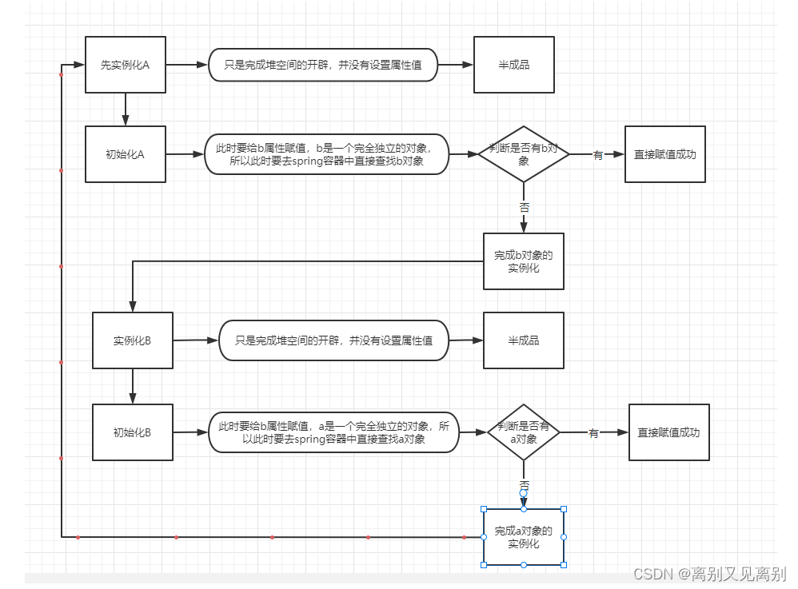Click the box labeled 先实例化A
click(126, 65)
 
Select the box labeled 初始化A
click(126, 154)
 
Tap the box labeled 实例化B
click(133, 340)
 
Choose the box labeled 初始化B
click(133, 432)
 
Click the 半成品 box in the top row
click(513, 65)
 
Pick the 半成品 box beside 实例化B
click(524, 340)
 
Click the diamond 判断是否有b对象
click(524, 154)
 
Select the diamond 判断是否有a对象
click(524, 432)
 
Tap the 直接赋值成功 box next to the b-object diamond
click(665, 154)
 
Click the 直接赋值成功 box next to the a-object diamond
click(669, 432)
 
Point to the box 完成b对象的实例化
click(524, 261)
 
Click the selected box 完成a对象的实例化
click(524, 537)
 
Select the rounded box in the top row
click(323, 65)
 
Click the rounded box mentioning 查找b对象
click(326, 154)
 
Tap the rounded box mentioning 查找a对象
click(334, 432)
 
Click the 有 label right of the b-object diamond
click(597, 155)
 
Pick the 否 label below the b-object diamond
click(524, 206)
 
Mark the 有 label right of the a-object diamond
click(593, 433)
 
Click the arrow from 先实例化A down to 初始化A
click(126, 109)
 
